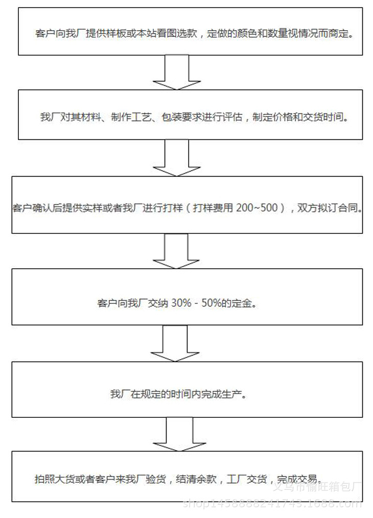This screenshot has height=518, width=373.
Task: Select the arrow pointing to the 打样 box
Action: (176, 158)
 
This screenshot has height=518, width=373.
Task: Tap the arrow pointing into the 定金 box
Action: (176, 251)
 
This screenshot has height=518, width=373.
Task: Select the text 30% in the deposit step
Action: (180, 303)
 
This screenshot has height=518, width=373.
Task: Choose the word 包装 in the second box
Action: (171, 117)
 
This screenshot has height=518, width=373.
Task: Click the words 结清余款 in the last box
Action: (197, 480)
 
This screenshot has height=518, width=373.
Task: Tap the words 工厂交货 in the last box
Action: (246, 480)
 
